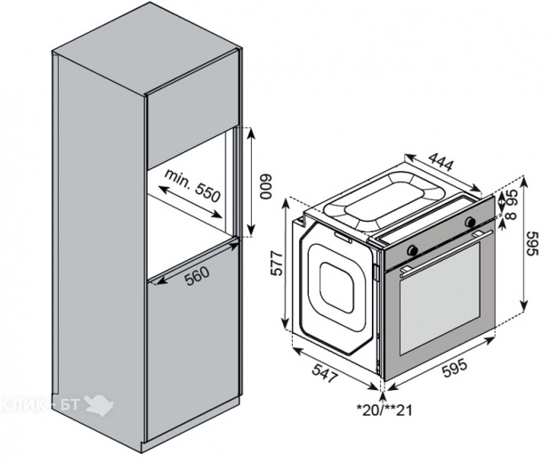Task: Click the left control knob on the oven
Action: click(411, 250)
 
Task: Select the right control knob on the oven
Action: click(469, 222)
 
